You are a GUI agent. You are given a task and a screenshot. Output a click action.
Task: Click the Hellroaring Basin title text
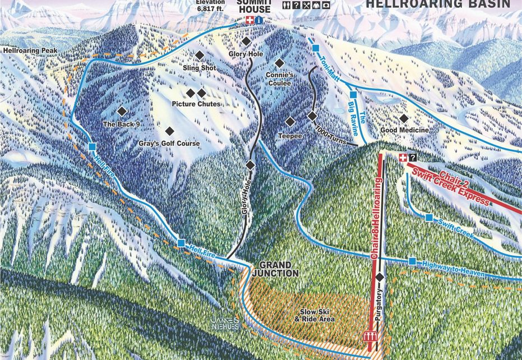point(438,4)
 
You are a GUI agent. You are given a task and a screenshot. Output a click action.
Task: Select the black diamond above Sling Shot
point(200,55)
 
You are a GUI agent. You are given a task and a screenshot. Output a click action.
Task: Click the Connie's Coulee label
point(279,79)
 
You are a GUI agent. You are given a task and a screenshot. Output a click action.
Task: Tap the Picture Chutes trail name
point(196,104)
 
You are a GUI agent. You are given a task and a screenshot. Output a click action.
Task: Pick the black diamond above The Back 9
point(122,112)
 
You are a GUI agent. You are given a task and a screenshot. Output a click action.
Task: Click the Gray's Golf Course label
point(169,144)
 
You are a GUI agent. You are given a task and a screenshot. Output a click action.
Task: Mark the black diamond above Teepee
point(290,121)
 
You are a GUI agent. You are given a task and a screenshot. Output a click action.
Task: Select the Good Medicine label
point(404,130)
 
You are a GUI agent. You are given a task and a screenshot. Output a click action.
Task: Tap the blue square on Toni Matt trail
point(316,48)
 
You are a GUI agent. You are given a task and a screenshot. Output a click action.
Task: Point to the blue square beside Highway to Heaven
point(412,261)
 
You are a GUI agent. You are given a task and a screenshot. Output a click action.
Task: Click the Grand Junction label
point(275,269)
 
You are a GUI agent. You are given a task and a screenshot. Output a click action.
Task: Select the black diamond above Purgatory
point(380,277)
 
